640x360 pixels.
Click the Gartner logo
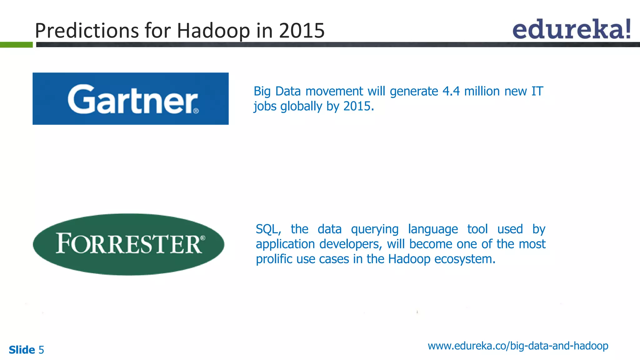131,99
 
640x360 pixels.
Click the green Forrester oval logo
129,244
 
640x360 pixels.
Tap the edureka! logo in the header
571,29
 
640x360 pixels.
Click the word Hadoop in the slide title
213,31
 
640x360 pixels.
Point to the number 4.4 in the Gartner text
451,91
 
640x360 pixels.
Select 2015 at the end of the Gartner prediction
358,106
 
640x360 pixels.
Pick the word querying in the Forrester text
375,229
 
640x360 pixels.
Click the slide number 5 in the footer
41,350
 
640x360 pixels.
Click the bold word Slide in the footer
22,350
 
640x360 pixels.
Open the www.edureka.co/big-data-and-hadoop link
518,346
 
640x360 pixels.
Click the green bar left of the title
16,45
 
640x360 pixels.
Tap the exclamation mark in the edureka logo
627,29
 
